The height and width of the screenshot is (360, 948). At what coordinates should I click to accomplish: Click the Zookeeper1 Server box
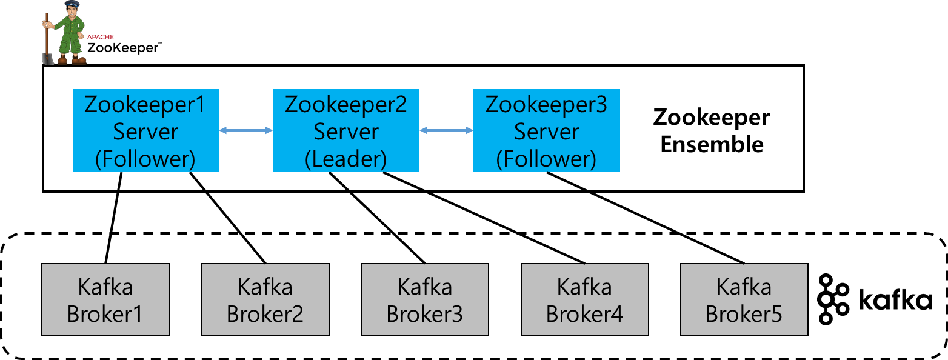coord(145,130)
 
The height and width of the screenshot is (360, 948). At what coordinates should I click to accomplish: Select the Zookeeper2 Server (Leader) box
coord(345,130)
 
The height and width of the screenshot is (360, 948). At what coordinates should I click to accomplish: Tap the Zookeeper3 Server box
coord(546,130)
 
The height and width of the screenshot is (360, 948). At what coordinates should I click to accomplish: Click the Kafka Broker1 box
coord(105,299)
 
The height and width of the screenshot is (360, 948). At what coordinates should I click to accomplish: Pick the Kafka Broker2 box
coord(265,299)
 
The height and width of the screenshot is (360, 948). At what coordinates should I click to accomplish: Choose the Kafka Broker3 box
coord(424,299)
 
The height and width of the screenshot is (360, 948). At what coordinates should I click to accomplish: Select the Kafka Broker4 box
coord(584,299)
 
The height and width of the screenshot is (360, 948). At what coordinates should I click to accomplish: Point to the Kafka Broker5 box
coord(744,299)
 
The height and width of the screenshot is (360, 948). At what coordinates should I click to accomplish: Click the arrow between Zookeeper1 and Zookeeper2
coord(245,130)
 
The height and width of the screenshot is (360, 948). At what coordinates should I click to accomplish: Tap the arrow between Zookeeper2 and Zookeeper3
coord(446,130)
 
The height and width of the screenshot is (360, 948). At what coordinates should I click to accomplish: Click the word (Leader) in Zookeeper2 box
coord(345,159)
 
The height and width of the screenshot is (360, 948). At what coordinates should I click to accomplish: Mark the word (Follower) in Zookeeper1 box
coord(145,159)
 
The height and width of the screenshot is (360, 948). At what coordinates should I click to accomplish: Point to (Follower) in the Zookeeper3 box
coord(546,159)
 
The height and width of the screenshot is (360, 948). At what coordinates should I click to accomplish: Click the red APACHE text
coord(100,38)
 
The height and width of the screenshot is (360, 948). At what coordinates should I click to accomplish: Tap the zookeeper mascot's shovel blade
coord(47,59)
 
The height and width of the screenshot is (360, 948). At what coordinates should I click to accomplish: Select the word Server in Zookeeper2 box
coord(345,132)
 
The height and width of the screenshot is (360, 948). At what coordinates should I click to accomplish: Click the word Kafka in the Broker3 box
coord(424,287)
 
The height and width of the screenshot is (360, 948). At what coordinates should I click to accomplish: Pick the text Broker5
coord(744,314)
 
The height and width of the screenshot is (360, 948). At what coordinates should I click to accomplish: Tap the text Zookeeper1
coord(145,104)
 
